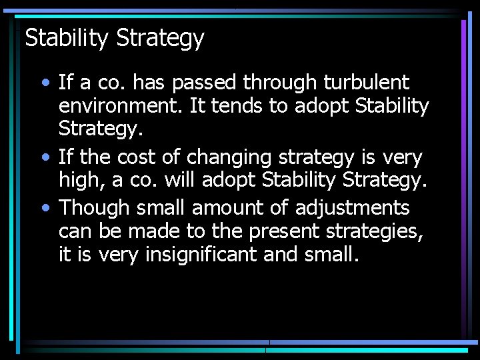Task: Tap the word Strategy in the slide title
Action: coord(160,39)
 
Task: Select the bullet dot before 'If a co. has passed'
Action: coord(45,83)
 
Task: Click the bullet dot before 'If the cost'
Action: coord(45,158)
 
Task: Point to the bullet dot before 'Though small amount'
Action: coord(45,208)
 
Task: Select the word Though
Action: coord(94,209)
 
